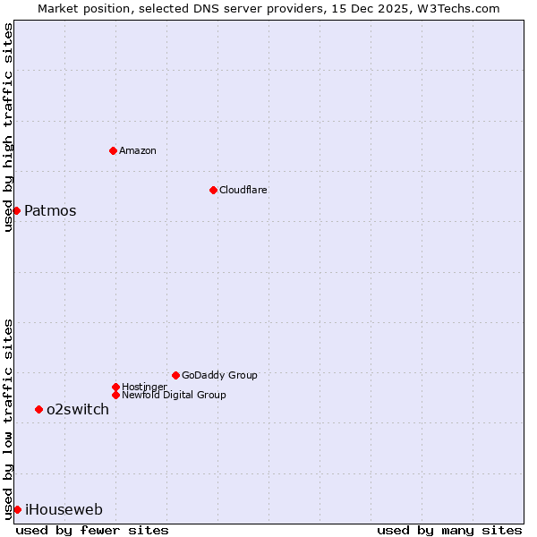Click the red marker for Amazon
(113, 150)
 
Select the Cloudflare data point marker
(213, 190)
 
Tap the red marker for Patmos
(16, 210)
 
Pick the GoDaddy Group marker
(175, 375)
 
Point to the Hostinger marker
(115, 387)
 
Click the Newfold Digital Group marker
(115, 395)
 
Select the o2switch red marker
(38, 409)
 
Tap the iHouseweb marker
(17, 509)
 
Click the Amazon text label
(138, 150)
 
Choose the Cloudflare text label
(243, 190)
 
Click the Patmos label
(50, 211)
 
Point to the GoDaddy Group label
(219, 375)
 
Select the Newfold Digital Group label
(174, 395)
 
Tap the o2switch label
(78, 410)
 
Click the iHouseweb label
(64, 510)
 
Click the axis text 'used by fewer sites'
(92, 530)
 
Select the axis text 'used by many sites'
(449, 530)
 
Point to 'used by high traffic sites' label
(8, 127)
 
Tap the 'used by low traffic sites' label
(8, 419)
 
